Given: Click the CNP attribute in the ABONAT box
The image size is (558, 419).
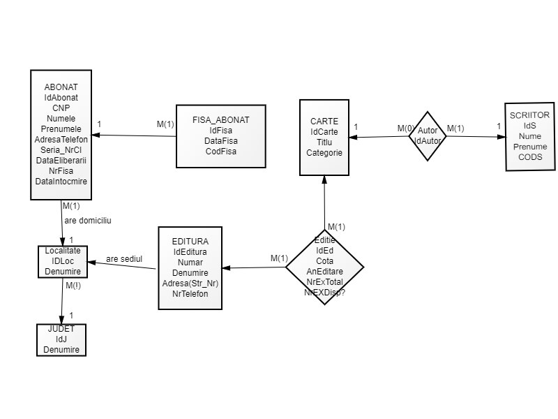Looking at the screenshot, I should (61, 108).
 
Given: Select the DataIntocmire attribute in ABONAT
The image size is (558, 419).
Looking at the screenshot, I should (61, 182).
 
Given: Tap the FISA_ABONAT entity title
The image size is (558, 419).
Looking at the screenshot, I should (220, 120).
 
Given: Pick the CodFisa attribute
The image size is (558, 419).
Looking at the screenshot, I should (220, 152).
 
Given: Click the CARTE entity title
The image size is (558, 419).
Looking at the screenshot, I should (324, 122).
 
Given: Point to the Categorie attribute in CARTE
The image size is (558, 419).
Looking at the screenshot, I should (324, 153).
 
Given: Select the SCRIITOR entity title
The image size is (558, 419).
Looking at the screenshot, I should (530, 115).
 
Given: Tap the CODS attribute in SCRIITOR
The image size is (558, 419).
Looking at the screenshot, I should (530, 157).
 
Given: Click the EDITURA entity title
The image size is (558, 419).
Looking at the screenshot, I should (190, 242).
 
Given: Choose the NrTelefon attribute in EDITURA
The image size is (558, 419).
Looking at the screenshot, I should (190, 294).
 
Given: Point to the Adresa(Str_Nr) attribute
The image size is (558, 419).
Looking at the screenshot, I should (190, 284).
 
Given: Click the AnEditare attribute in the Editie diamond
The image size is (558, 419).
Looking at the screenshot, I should (324, 271).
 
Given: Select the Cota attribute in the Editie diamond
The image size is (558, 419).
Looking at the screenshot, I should (324, 260).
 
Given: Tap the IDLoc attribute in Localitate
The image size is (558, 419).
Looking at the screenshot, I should (63, 260).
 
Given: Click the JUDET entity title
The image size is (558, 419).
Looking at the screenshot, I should (61, 329).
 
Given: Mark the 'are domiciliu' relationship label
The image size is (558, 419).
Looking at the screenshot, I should (88, 220).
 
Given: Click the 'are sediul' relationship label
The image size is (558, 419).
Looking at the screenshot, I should (124, 259).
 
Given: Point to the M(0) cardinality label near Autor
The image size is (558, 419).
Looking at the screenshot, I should (406, 128).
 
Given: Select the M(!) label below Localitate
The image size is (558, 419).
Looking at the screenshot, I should (73, 286).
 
